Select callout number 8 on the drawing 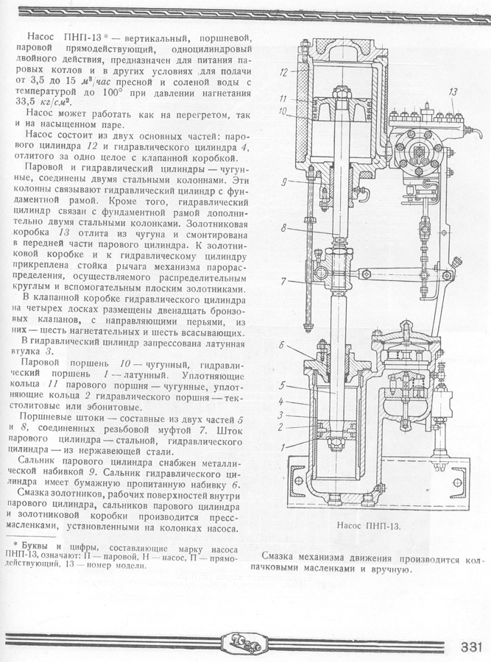tap(283, 229)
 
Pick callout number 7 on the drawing tap(283, 281)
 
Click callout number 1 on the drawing tap(283, 444)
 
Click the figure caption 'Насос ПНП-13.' tap(372, 527)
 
